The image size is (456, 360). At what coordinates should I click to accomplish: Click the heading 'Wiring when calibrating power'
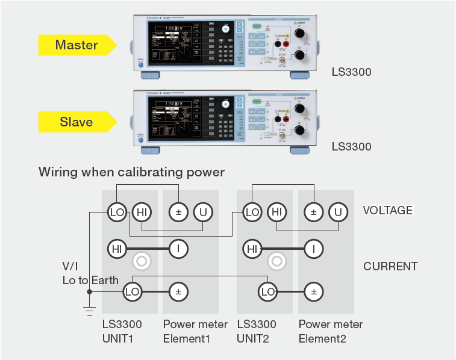point(131,172)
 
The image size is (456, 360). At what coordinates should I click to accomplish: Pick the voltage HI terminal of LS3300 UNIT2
point(276,211)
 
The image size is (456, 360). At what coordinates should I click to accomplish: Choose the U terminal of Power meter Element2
point(339,211)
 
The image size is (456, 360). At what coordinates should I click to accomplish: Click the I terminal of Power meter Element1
point(178,247)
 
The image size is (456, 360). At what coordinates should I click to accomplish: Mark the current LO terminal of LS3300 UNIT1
point(132,292)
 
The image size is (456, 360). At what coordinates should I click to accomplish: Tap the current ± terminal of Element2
point(313,292)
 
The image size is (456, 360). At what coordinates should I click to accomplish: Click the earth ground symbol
point(89,311)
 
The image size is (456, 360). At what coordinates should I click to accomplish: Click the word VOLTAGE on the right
point(387,211)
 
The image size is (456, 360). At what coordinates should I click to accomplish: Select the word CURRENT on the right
point(390,266)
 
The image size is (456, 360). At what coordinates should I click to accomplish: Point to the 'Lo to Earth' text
point(90,281)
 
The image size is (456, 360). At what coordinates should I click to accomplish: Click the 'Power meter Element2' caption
point(331,331)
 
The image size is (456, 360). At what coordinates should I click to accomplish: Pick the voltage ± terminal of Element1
point(178,211)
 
